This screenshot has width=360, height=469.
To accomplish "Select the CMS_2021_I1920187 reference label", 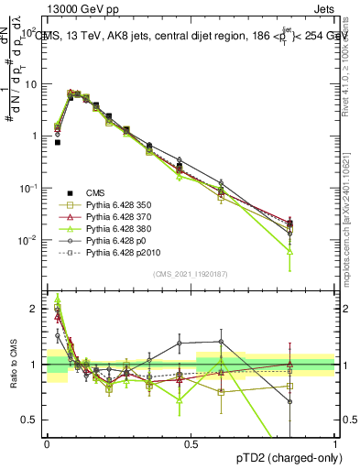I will (x=191, y=273).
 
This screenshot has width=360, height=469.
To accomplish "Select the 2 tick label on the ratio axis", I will (x=36, y=309).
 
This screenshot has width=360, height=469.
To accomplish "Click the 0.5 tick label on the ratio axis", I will (x=31, y=420).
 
